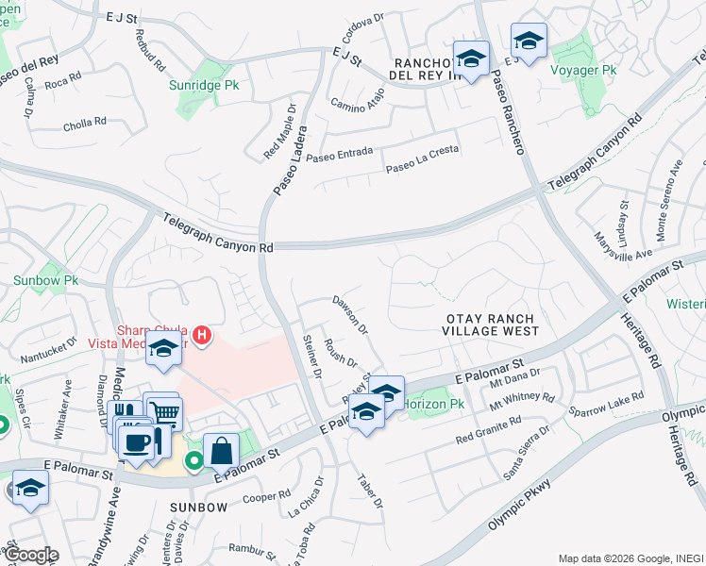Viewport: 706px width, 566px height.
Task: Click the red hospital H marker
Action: [200, 334]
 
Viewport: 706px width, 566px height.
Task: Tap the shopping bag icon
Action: [221, 450]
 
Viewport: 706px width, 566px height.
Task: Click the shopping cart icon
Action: [164, 411]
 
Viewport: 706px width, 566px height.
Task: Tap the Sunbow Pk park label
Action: [45, 280]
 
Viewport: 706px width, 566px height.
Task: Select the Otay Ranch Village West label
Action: [492, 325]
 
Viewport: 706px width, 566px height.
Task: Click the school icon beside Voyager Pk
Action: [529, 41]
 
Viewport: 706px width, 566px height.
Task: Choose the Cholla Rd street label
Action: [84, 123]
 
